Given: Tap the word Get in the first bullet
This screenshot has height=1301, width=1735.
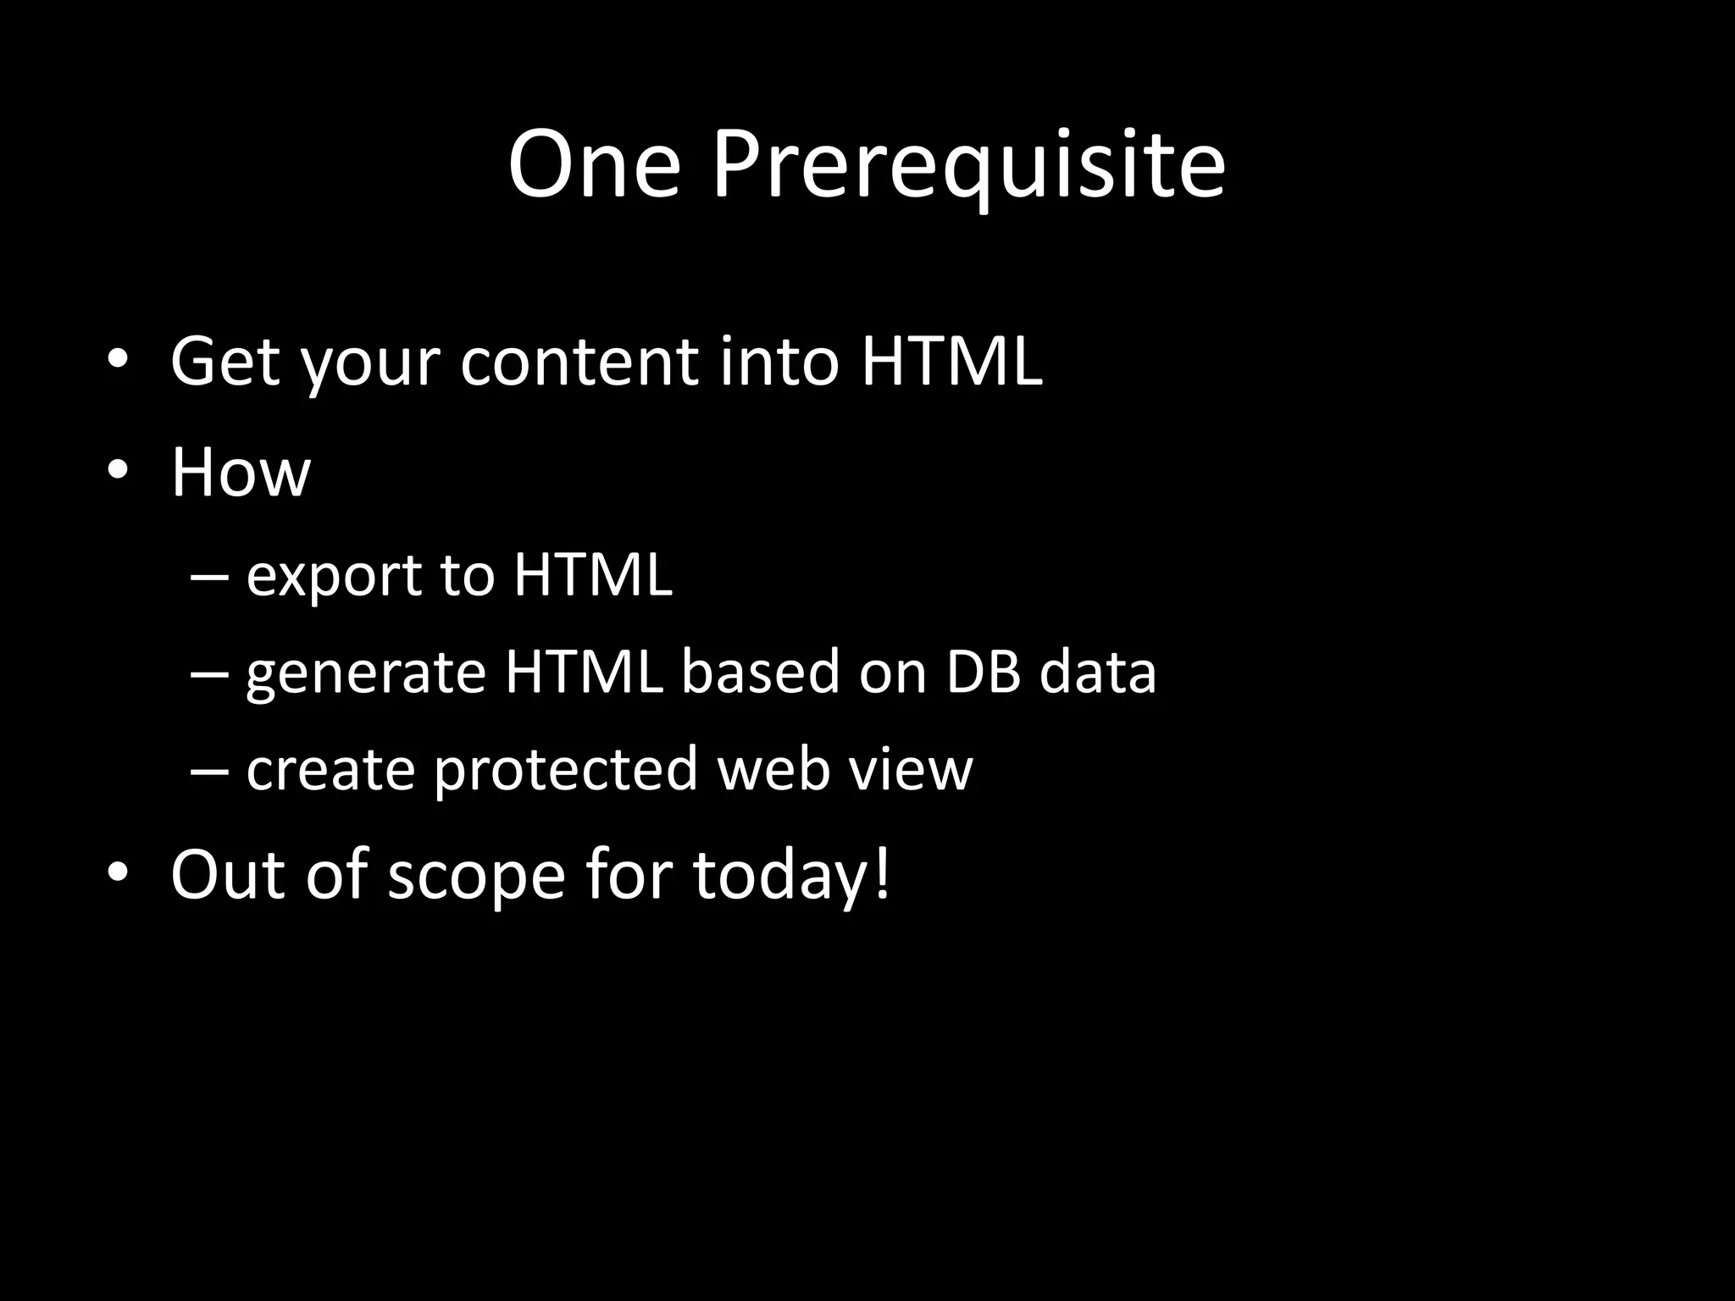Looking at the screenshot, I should [x=225, y=362].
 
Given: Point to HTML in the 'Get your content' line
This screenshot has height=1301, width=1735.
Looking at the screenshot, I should [x=951, y=362].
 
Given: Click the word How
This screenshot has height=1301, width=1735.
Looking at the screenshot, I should [x=241, y=472].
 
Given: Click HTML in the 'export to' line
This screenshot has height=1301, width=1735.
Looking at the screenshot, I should [x=592, y=575].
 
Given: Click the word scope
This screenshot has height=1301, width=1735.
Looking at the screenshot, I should [x=476, y=875].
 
